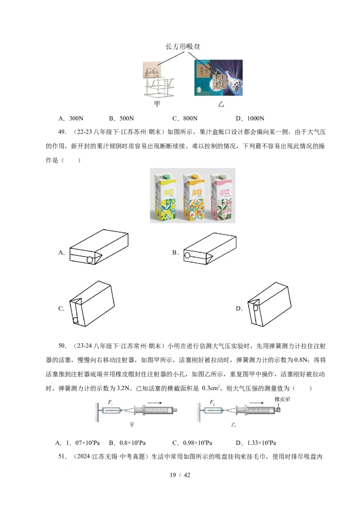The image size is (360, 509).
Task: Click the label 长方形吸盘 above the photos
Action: [x=183, y=47]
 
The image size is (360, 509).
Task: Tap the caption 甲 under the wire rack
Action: [x=157, y=104]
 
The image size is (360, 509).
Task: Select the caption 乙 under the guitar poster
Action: [x=220, y=104]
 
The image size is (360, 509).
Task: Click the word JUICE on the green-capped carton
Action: [x=166, y=193]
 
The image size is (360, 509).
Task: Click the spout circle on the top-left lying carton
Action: [x=90, y=260]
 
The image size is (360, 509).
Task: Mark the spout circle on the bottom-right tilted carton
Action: [x=256, y=308]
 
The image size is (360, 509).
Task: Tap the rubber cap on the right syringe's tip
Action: [x=279, y=410]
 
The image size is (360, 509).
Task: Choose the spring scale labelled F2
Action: [x=214, y=411]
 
